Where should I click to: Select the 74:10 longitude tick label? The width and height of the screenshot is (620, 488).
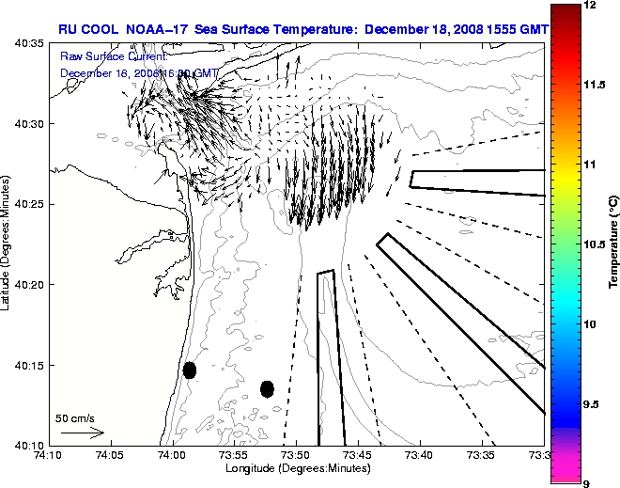pos(48,456)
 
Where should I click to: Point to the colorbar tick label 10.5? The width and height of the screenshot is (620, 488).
pos(594,244)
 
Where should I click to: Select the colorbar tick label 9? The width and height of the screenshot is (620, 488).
pos(587,483)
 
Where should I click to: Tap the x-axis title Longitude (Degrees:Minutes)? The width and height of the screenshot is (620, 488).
pos(295,468)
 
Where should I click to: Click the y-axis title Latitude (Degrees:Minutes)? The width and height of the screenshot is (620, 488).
pos(8,244)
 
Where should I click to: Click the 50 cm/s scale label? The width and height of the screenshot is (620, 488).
pos(75,417)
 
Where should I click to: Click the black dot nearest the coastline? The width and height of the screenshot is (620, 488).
pos(190,370)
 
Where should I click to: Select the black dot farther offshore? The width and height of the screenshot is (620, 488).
pos(267,388)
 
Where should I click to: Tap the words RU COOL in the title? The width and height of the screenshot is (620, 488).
pos(88,29)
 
